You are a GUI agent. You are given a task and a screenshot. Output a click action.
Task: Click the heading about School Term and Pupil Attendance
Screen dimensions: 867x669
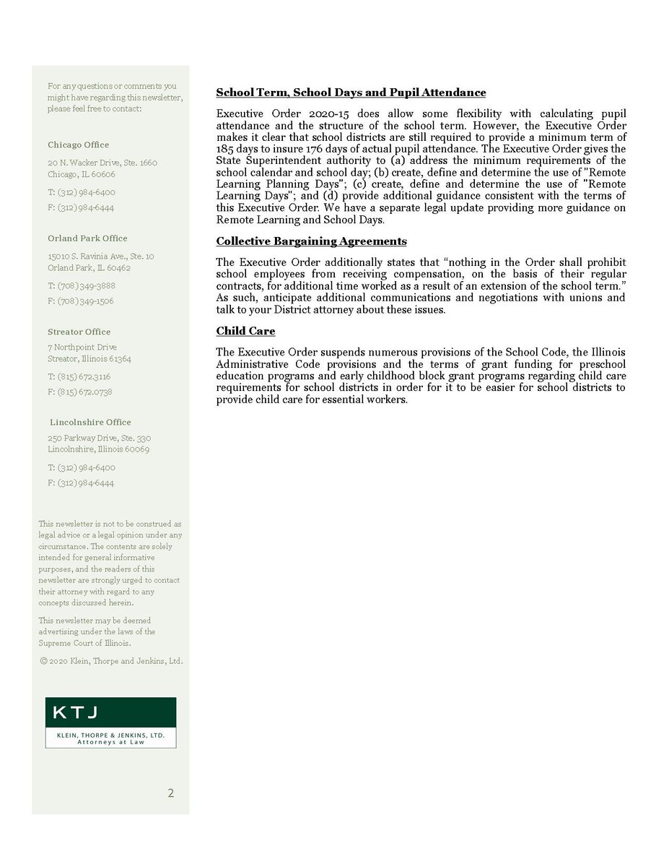click(351, 93)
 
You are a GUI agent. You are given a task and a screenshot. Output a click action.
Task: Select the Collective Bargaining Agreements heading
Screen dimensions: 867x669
click(311, 241)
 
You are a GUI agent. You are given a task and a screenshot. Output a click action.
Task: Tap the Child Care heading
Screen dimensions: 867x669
click(245, 332)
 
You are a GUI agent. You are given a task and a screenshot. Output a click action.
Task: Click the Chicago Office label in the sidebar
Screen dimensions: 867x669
click(79, 145)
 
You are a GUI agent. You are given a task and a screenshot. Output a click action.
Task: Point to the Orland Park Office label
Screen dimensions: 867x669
click(87, 238)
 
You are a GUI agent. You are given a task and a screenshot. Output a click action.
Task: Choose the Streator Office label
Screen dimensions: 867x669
click(79, 332)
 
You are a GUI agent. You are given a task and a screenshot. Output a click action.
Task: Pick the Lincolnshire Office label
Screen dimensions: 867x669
click(90, 422)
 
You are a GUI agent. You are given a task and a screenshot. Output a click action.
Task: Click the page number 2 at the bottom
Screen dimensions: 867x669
click(170, 793)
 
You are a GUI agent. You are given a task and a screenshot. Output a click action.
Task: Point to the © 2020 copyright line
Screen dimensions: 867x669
click(111, 661)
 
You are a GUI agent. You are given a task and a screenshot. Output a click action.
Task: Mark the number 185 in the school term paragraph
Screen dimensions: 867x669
click(225, 149)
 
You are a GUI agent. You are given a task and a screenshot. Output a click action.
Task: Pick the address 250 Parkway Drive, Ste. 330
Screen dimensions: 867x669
click(100, 438)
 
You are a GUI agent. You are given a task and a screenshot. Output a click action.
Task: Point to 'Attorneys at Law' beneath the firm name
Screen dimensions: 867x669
click(110, 742)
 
